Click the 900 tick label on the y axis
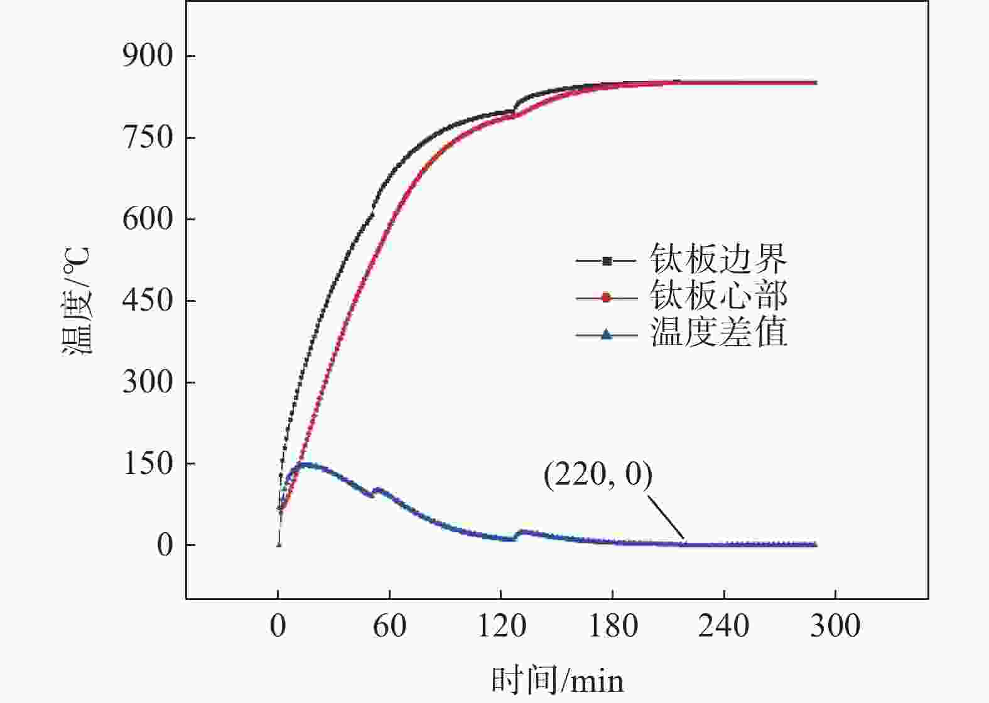(147, 56)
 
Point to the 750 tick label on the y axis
(147, 138)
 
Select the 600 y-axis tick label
(147, 220)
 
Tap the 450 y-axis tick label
(147, 301)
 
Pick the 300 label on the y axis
(147, 382)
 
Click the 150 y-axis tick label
(147, 464)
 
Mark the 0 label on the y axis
(165, 545)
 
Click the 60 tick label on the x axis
(389, 626)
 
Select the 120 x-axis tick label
(500, 626)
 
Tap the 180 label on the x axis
(612, 626)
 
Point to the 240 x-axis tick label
(723, 626)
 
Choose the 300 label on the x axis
(835, 626)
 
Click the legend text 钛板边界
(718, 259)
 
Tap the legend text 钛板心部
(718, 296)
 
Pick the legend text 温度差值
(718, 333)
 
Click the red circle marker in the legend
(606, 298)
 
